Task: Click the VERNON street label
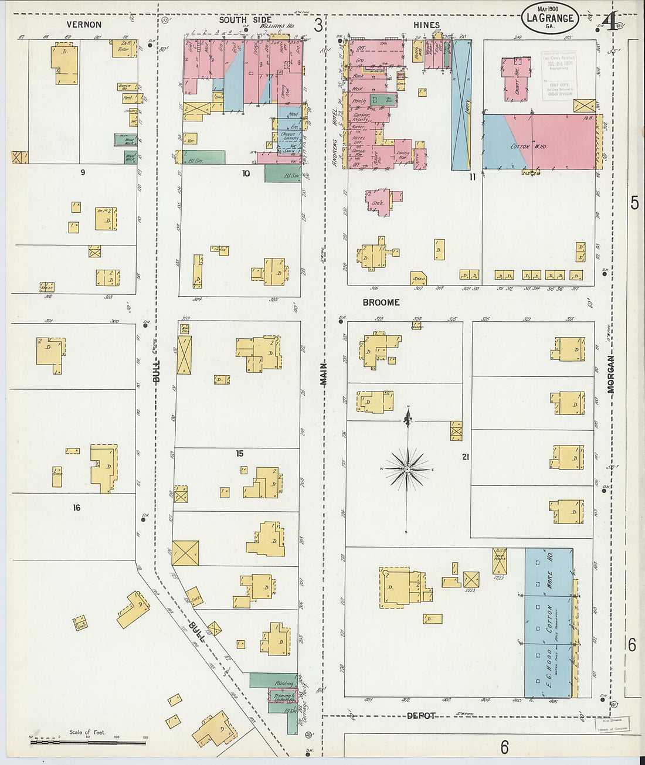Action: pos(84,25)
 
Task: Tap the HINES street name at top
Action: pos(426,25)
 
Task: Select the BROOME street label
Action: pos(381,302)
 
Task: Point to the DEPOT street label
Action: pos(421,716)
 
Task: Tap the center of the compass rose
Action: pos(407,470)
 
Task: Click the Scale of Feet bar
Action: pos(88,742)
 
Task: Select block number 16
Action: pos(77,508)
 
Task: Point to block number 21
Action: pos(466,457)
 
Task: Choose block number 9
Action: pos(83,172)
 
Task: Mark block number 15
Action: pos(239,453)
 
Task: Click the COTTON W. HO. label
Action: pos(528,147)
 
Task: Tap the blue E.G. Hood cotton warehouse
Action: pos(548,623)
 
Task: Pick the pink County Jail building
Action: pos(515,79)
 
